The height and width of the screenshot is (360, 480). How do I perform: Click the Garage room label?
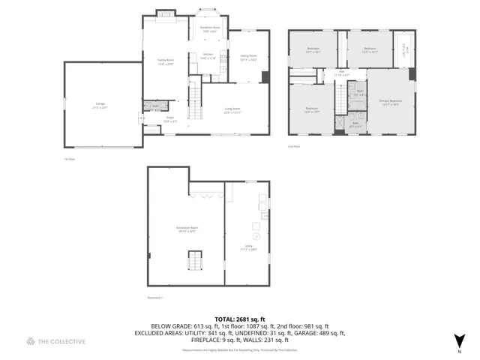click(x=100, y=106)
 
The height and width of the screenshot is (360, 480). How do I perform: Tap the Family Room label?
click(x=165, y=61)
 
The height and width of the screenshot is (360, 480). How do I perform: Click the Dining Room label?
click(x=248, y=57)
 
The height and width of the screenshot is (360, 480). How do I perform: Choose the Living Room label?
click(x=232, y=110)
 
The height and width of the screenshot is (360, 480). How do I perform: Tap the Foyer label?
click(x=169, y=118)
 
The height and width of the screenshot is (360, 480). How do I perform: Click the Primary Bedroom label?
click(x=390, y=102)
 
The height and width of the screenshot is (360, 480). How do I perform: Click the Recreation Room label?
click(x=187, y=229)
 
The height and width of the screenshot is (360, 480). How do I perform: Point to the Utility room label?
click(x=246, y=247)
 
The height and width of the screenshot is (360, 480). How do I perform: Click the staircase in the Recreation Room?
click(x=194, y=262)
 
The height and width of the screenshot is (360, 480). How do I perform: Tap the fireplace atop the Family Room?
click(x=166, y=13)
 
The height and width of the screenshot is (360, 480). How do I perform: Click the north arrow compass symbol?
click(x=459, y=341)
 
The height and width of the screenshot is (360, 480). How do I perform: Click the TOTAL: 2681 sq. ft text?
click(x=240, y=319)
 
